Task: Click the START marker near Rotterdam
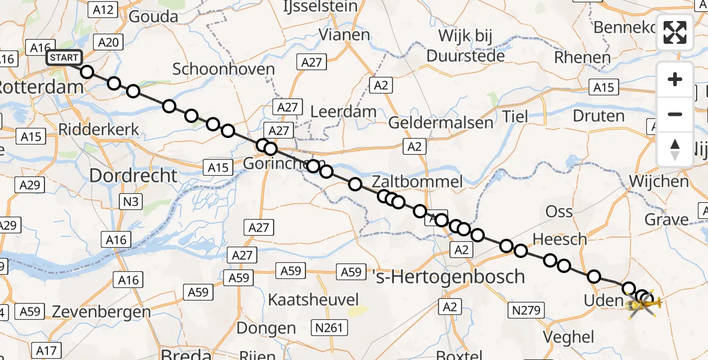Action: click(64, 58)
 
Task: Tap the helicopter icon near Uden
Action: click(642, 306)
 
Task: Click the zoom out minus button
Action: click(675, 115)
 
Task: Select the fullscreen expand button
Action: click(675, 32)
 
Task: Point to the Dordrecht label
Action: click(133, 175)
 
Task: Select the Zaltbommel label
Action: click(417, 182)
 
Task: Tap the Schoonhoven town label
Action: click(223, 69)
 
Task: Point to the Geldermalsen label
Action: click(441, 123)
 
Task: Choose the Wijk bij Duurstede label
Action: click(466, 46)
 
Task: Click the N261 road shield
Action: click(329, 328)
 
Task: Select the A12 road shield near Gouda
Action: click(103, 9)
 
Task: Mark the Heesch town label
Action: click(560, 239)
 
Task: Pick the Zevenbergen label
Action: click(101, 313)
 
